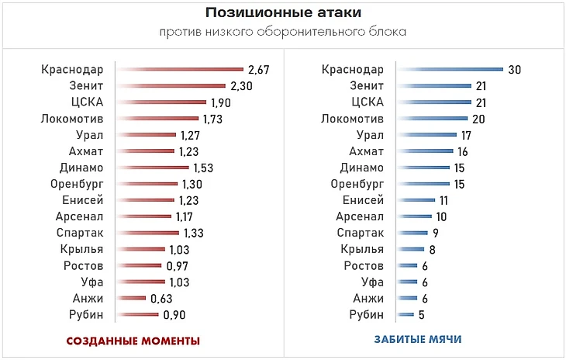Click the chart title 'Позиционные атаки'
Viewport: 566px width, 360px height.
[x=282, y=14]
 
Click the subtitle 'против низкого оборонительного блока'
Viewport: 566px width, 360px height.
[x=282, y=32]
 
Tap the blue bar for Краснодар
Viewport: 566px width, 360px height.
[x=449, y=70]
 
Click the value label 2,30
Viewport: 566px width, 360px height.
[x=241, y=86]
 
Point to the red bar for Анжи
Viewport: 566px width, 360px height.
[x=131, y=299]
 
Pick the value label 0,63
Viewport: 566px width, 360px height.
[x=161, y=299]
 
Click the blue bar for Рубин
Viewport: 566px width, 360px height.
[x=405, y=315]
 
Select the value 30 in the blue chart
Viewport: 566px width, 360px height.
[x=515, y=70]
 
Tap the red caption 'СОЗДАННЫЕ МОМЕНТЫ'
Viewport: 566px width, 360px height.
[x=133, y=341]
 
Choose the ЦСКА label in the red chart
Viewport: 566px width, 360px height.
[x=87, y=102]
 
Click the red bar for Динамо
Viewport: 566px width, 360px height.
[x=153, y=168]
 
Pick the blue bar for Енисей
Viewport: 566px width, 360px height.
[x=416, y=200]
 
